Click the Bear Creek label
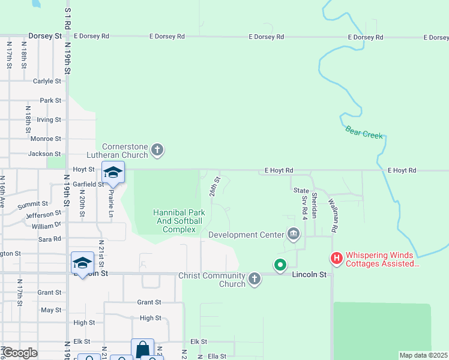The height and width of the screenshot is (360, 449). tap(364, 132)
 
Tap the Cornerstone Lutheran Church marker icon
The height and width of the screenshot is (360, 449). tap(157, 149)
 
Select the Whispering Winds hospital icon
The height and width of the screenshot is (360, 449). tap(337, 259)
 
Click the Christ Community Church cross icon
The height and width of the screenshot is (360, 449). tap(255, 278)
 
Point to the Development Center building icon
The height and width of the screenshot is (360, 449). tap(294, 234)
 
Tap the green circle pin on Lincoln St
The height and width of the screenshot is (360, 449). tap(280, 264)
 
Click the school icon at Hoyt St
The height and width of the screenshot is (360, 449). tap(112, 172)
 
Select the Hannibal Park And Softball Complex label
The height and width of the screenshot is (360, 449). tap(179, 221)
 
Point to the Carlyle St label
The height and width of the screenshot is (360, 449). tap(47, 81)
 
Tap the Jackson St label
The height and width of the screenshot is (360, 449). tap(45, 154)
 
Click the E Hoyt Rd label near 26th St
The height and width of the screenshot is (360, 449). tap(279, 171)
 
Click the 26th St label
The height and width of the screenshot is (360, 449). tap(214, 186)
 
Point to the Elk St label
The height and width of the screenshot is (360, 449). tap(199, 341)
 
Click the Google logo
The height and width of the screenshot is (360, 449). tap(19, 353)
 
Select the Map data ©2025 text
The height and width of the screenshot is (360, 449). tap(424, 355)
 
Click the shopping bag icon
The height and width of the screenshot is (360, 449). tap(142, 349)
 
